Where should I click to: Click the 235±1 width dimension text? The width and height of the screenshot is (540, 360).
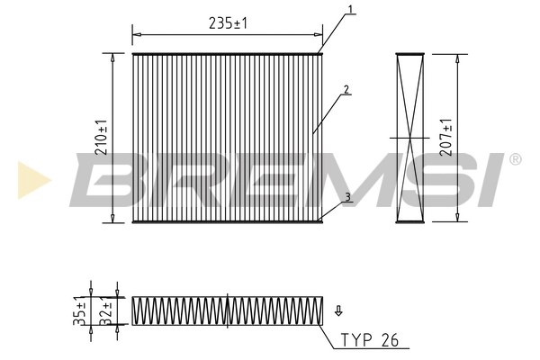(228, 25)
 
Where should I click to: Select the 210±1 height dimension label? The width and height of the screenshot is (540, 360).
(102, 136)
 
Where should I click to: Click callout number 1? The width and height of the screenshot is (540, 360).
(349, 10)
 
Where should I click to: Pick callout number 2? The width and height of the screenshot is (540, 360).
(346, 90)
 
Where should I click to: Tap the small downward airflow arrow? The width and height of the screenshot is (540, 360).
(338, 311)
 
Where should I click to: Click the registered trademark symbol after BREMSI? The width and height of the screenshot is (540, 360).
(515, 159)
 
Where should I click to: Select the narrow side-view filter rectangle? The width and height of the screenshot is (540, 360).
(410, 137)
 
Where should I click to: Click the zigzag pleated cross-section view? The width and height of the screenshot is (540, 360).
(228, 311)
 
